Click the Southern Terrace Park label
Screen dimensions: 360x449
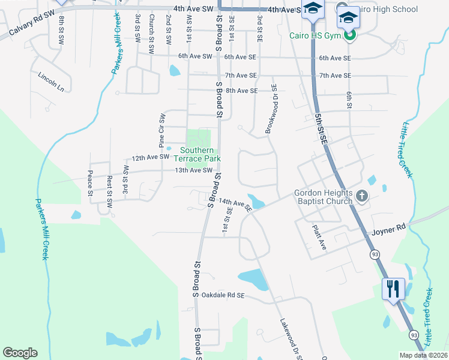(x=197, y=154)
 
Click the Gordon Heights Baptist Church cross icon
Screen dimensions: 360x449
(x=361, y=196)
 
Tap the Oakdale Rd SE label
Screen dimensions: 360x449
(x=223, y=295)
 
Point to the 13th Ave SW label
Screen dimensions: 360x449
(x=194, y=170)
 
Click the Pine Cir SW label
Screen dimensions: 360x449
(x=161, y=130)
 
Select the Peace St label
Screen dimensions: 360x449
(x=90, y=184)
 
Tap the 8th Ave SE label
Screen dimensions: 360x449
(x=241, y=91)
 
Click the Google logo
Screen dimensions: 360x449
(x=20, y=352)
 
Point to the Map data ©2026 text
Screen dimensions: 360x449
(x=423, y=355)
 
